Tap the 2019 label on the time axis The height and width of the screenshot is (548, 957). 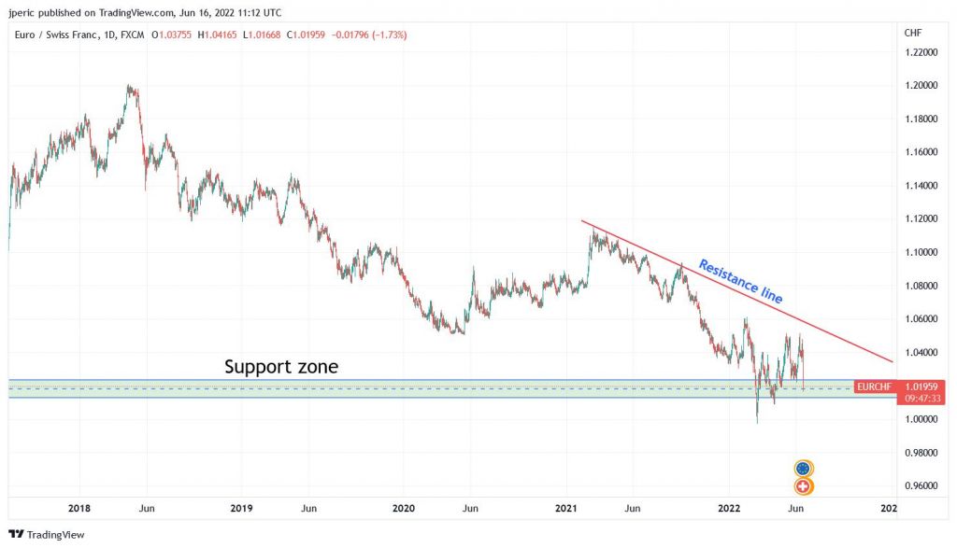[241, 508]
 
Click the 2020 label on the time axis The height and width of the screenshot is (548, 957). [404, 508]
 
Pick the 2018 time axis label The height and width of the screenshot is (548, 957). [79, 508]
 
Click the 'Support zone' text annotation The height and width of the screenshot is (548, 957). [281, 367]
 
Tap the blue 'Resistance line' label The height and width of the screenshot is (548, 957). [741, 281]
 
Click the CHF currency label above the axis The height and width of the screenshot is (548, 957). [913, 34]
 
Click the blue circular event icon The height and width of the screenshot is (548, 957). [803, 468]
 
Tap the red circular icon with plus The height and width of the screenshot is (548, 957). [803, 486]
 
